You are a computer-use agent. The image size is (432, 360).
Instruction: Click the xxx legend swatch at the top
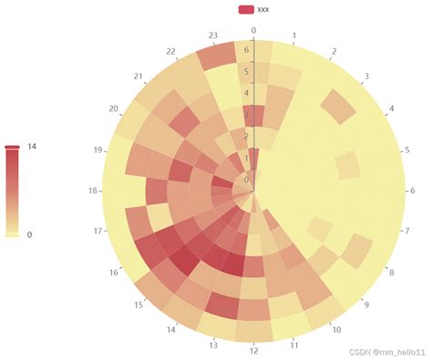245,9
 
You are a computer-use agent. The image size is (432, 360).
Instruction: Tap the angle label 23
213,36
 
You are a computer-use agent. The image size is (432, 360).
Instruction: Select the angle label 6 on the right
413,191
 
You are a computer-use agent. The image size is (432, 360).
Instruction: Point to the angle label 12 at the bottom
254,351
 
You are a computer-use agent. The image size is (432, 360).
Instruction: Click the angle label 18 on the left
93,191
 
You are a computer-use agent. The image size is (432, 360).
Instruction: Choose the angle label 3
366,77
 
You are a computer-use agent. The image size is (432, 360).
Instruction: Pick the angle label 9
366,305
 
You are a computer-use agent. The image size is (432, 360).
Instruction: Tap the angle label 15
139,305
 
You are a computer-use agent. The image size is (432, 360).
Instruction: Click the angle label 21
139,77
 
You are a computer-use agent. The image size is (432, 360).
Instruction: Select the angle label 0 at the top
253,30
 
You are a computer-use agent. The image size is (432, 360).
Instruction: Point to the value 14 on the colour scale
32,146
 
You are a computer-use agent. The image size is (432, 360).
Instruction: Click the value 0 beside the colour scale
30,234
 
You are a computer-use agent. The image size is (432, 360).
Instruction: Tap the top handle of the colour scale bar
12,146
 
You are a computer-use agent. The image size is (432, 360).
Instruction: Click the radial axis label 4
246,93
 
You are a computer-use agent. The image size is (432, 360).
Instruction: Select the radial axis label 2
246,137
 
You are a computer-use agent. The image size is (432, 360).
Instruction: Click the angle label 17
98,231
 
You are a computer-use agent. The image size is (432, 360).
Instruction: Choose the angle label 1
293,36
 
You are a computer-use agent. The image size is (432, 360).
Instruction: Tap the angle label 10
336,330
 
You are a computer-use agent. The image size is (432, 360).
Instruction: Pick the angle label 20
114,109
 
